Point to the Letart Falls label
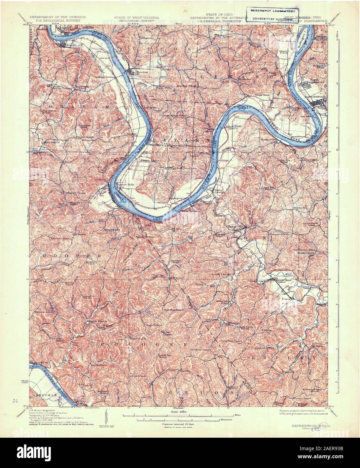point(125,185)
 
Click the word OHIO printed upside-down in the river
point(157,218)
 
